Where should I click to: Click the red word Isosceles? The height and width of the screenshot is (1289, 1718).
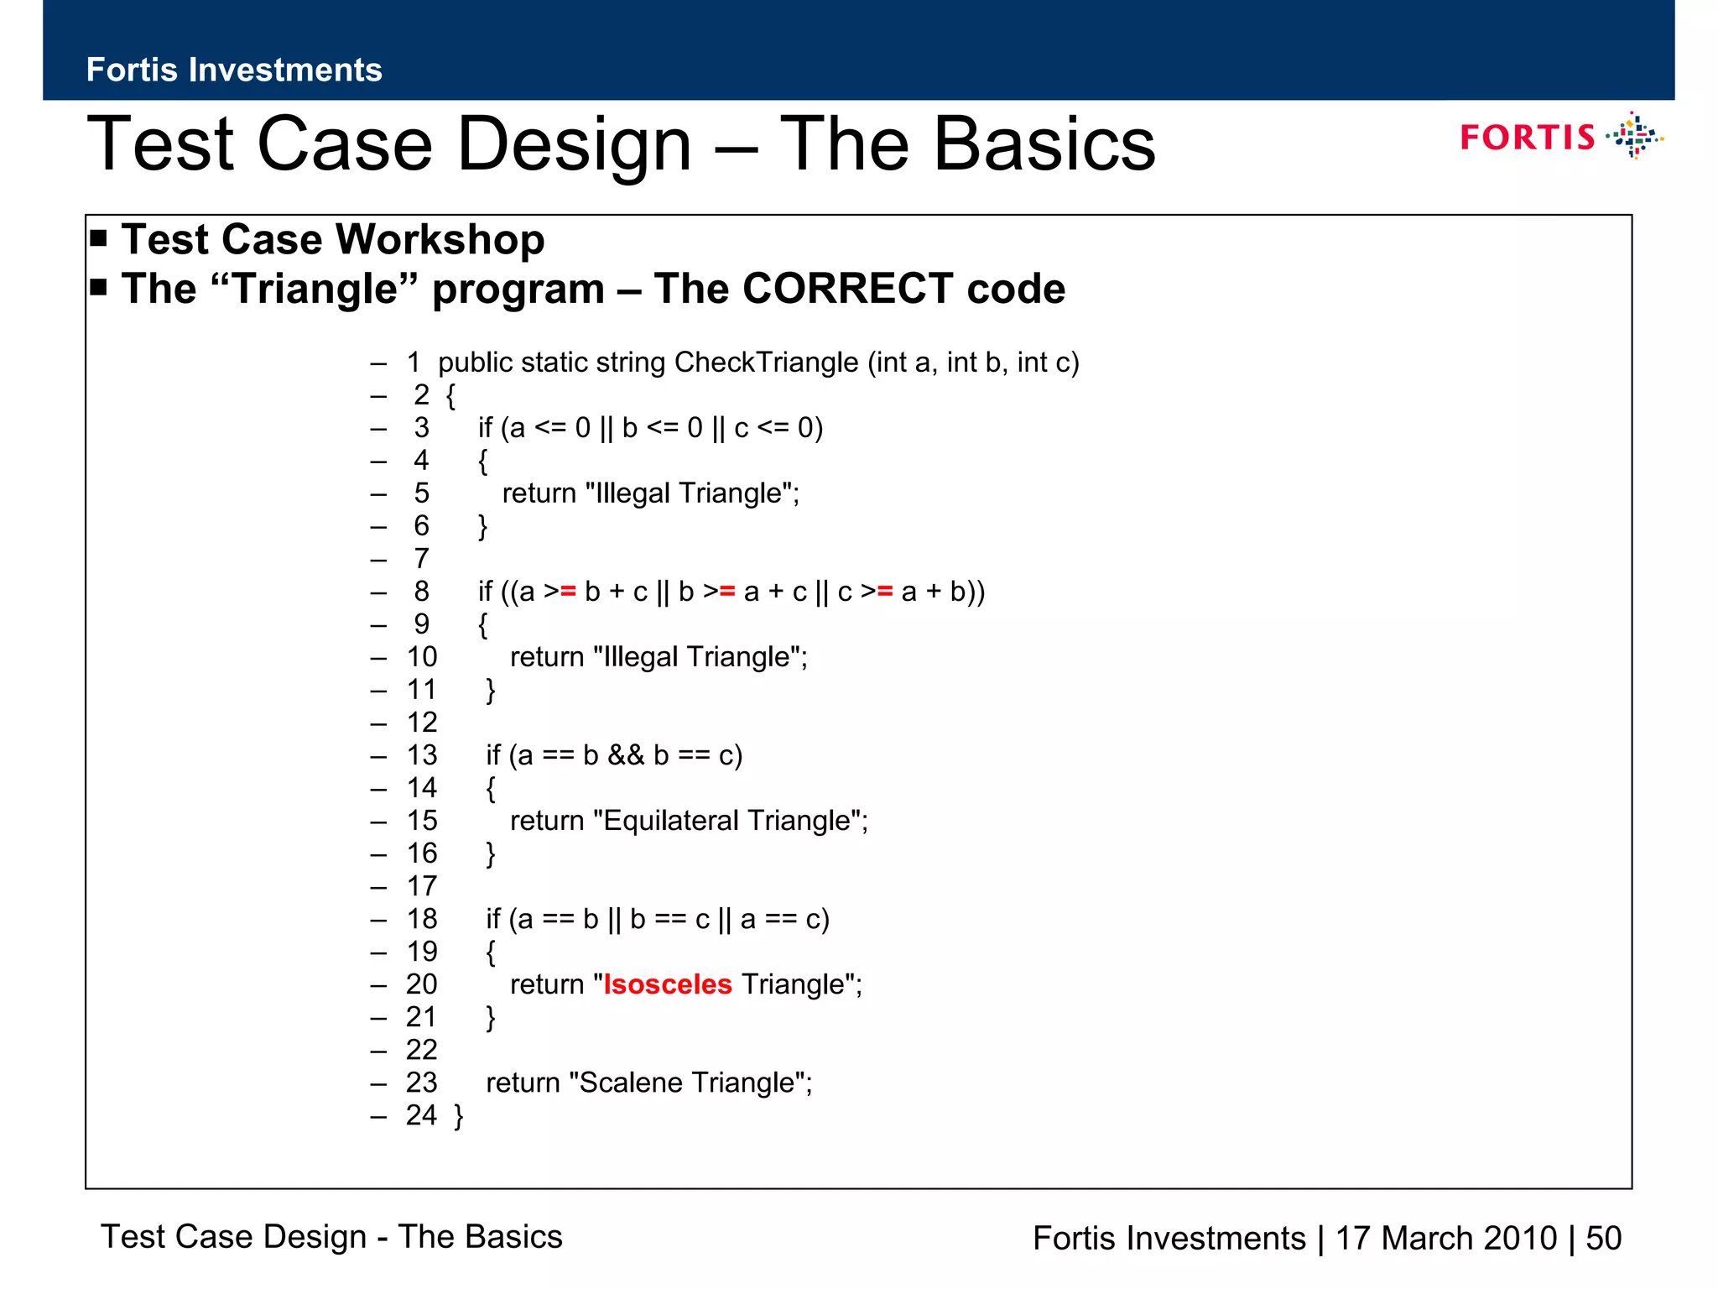[x=668, y=984]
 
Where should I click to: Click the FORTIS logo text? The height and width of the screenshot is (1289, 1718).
[x=1527, y=138]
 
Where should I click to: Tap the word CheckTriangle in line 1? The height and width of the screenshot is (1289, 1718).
[x=766, y=363]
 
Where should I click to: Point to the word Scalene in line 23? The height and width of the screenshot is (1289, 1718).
[x=630, y=1083]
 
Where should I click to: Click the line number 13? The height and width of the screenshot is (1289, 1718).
[x=422, y=755]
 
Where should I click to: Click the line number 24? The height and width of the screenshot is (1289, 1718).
[x=421, y=1115]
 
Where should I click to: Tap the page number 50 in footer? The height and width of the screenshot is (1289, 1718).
[x=1603, y=1239]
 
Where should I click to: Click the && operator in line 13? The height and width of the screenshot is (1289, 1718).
[x=626, y=755]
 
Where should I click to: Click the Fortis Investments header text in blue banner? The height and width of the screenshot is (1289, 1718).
[x=234, y=70]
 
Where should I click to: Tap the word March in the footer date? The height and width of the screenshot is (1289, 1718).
[x=1434, y=1239]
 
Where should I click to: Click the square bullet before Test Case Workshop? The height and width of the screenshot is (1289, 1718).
[x=99, y=238]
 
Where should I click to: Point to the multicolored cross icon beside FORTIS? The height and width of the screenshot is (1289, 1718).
[x=1633, y=136]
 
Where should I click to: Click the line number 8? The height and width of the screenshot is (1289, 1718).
[x=421, y=592]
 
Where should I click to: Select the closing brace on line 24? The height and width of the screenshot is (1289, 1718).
[x=458, y=1116]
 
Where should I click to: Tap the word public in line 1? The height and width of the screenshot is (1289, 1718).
[x=475, y=363]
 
